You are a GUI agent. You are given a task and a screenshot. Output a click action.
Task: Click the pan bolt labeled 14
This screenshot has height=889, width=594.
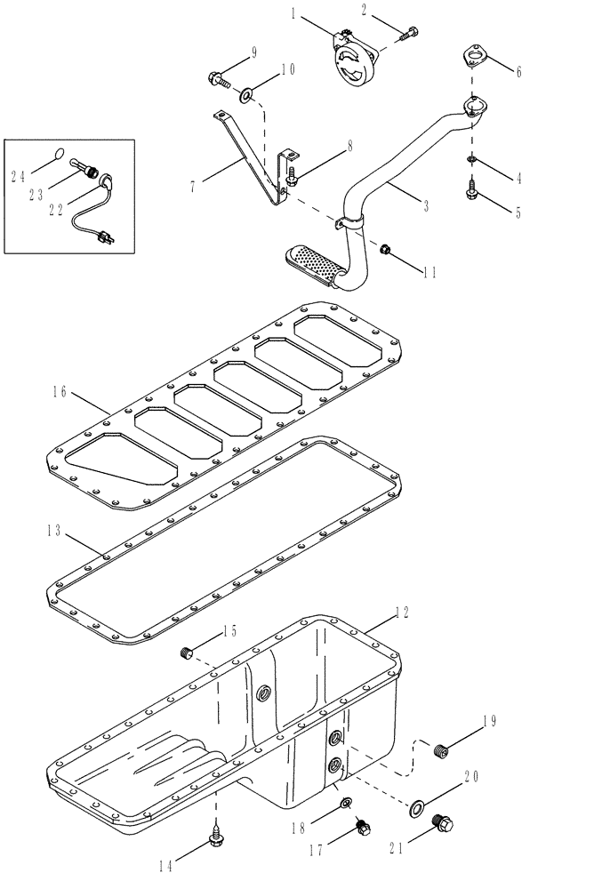click(x=215, y=836)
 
